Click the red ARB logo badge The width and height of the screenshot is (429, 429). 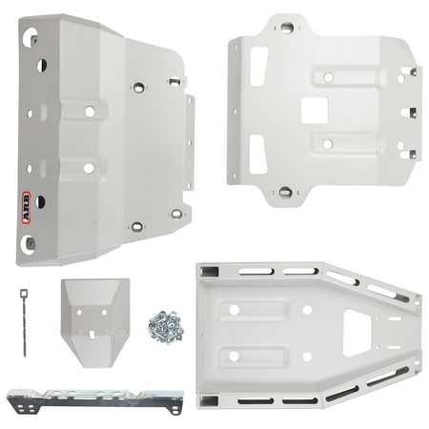[27, 208]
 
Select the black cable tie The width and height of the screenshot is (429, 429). [24, 322]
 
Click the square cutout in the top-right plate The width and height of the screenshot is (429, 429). [315, 111]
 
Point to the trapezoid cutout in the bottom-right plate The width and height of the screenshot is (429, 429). [357, 333]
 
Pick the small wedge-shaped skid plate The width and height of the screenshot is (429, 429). [95, 322]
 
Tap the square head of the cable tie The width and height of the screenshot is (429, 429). [24, 293]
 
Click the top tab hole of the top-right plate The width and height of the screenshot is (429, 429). [286, 28]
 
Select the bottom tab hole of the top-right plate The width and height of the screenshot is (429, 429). [285, 192]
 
